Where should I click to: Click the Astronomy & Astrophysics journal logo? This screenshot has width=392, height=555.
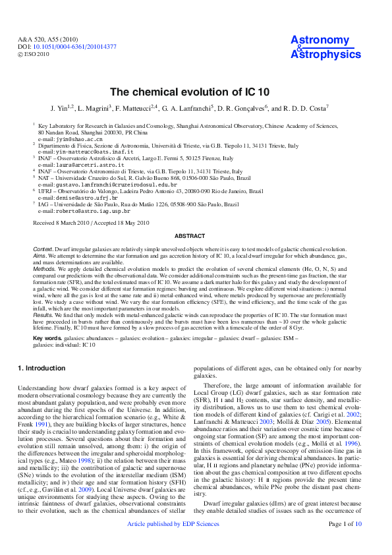(321, 48)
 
